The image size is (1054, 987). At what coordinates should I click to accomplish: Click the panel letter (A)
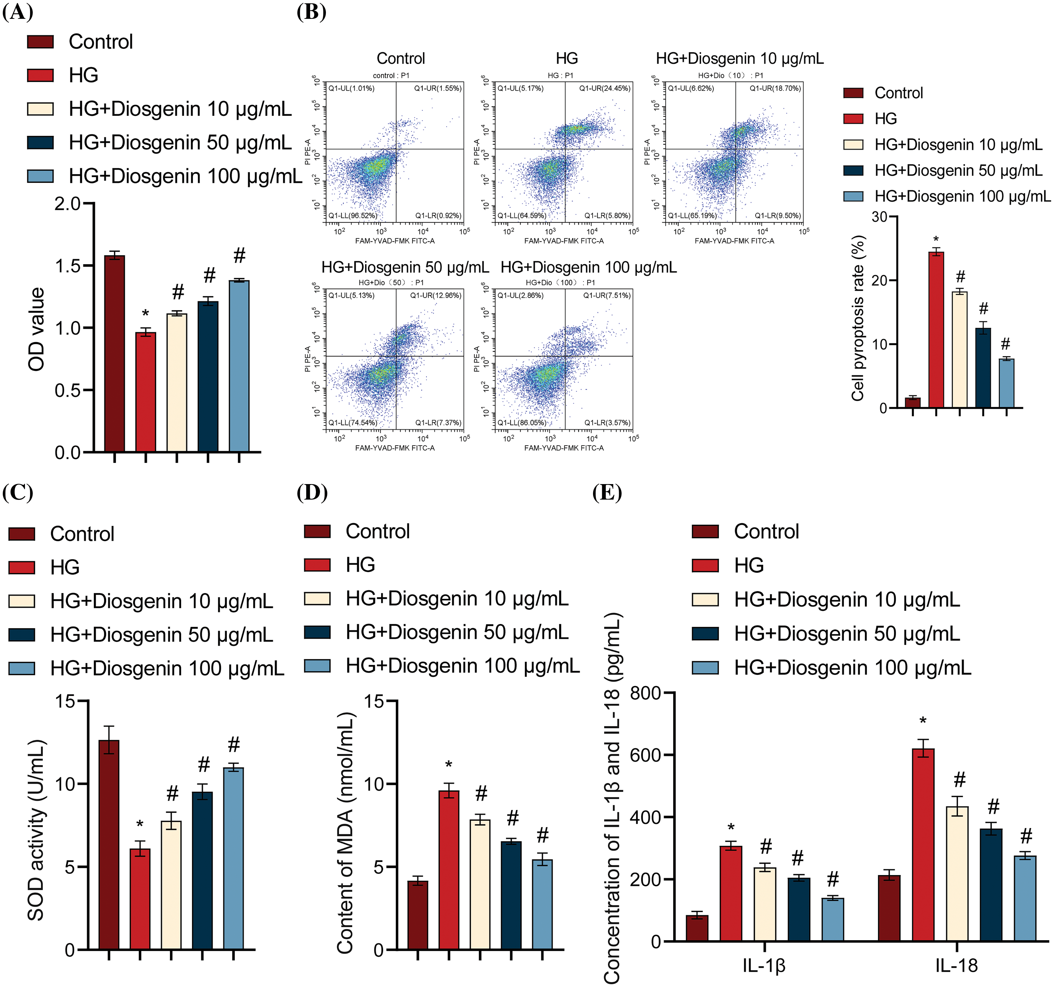[17, 12]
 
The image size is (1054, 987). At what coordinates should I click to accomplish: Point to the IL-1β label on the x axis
[764, 966]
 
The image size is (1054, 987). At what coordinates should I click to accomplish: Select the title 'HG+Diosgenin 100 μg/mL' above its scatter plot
[589, 268]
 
